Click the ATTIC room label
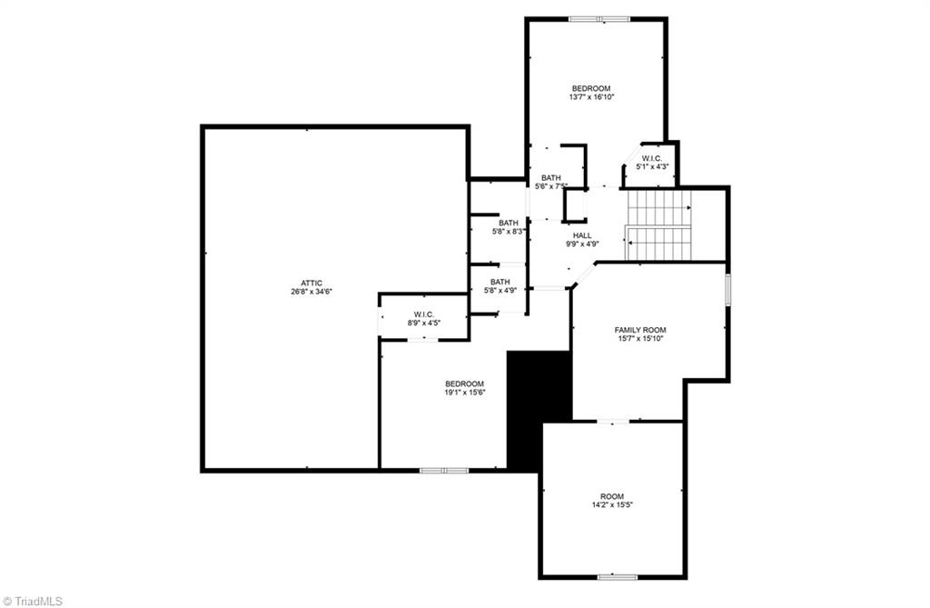pyautogui.click(x=312, y=283)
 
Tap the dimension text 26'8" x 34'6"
pyautogui.click(x=312, y=292)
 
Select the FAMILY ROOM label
pyautogui.click(x=640, y=329)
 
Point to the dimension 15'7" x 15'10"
pyautogui.click(x=640, y=338)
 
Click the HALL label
pyautogui.click(x=582, y=235)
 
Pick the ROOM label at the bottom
pyautogui.click(x=612, y=495)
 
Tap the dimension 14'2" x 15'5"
pyautogui.click(x=612, y=504)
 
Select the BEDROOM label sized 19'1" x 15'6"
pyautogui.click(x=464, y=384)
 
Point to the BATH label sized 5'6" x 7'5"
pyautogui.click(x=551, y=178)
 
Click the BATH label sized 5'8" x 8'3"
pyautogui.click(x=509, y=223)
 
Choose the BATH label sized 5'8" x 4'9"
pyautogui.click(x=500, y=282)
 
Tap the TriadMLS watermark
pyautogui.click(x=35, y=600)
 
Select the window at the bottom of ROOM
pyautogui.click(x=617, y=576)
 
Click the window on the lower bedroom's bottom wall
pyautogui.click(x=444, y=470)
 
